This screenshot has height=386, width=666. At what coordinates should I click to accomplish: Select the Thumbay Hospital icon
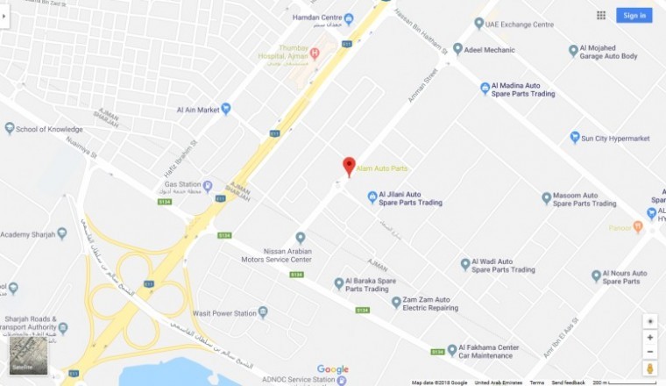click(x=315, y=53)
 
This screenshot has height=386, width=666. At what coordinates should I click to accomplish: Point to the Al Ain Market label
click(x=197, y=110)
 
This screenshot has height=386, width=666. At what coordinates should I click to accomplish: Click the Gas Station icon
click(x=208, y=185)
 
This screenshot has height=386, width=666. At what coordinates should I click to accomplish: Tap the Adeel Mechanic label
click(x=489, y=50)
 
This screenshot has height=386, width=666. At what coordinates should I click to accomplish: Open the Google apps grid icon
click(x=601, y=15)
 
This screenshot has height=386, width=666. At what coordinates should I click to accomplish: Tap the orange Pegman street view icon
click(x=649, y=366)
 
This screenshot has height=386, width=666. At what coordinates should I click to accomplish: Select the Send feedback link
click(x=568, y=382)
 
